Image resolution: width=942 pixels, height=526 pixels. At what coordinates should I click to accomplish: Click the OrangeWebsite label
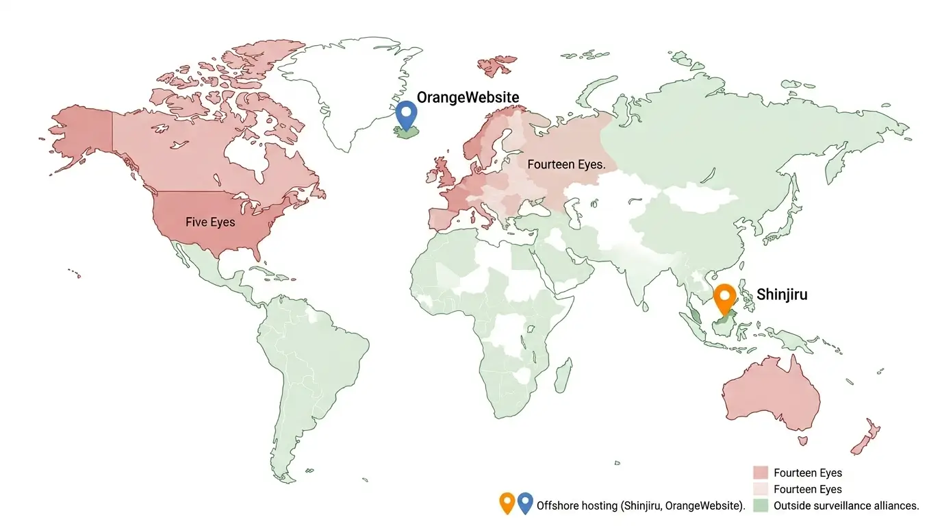coord(468,97)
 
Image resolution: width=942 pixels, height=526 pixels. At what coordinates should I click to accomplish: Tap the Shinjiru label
coord(782,295)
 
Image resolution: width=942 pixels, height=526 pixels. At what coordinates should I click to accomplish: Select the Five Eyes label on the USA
coord(210,222)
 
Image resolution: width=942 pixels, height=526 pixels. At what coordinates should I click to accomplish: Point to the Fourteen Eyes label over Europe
coord(566,164)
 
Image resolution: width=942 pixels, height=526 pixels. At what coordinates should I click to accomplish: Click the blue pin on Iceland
coord(407,113)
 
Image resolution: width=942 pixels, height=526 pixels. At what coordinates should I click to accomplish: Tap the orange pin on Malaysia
coord(724,298)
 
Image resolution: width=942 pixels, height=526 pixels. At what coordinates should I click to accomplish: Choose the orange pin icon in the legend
coord(507,503)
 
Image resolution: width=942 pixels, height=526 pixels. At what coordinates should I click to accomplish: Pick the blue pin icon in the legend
coord(525,503)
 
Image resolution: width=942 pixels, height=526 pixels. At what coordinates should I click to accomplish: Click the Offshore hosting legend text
coord(641,506)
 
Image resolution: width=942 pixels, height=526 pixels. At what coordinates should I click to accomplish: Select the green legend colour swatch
coord(761,505)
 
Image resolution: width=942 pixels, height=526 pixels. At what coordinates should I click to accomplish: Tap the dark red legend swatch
coord(761,473)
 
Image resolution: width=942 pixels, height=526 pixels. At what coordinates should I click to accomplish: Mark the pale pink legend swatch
coord(761,489)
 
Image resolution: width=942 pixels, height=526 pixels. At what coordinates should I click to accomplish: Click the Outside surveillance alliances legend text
coord(846,506)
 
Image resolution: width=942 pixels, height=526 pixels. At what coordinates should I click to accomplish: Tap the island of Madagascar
coord(563,379)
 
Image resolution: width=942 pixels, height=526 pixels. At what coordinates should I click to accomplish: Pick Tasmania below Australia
coord(804,442)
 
